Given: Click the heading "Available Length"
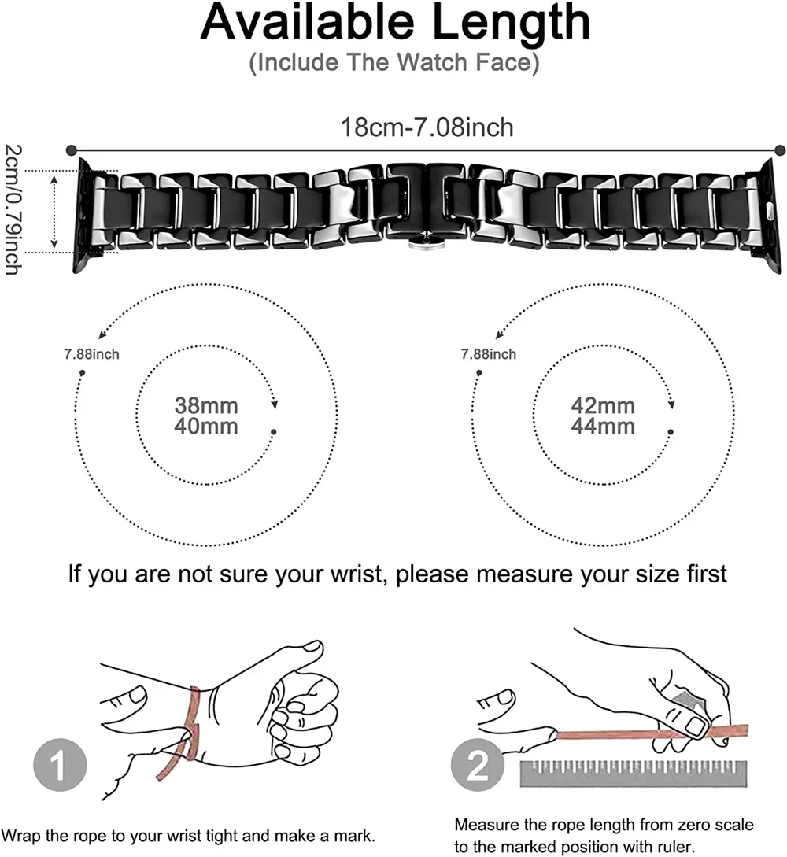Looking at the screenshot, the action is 395,24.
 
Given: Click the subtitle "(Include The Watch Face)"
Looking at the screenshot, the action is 394,62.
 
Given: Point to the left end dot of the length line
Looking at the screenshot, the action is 72,149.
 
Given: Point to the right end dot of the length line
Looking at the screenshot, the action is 780,149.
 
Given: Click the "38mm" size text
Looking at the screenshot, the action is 206,407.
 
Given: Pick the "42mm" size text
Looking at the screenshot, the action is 603,407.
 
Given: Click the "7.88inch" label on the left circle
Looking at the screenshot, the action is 92,354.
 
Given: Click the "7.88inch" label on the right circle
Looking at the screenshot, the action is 489,354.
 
